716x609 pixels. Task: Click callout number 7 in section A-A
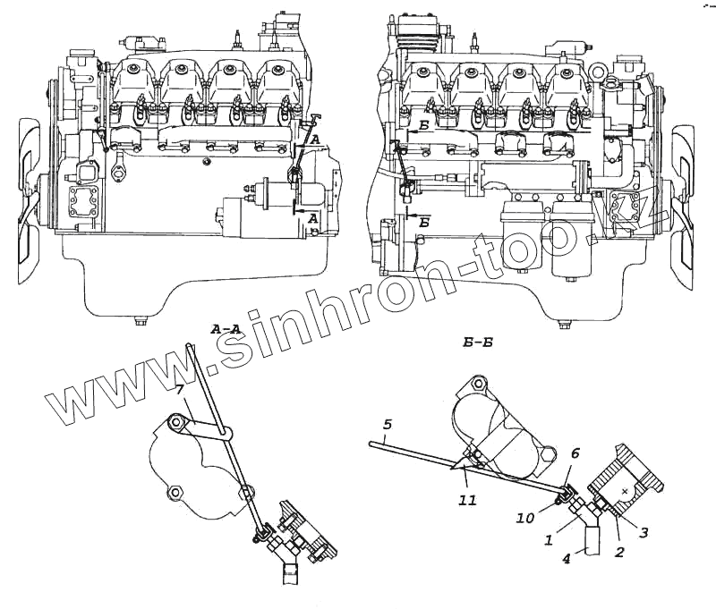(180, 390)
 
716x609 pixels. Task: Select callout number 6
(575, 454)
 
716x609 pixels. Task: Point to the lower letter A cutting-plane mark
(311, 218)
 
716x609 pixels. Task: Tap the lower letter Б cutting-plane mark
(423, 224)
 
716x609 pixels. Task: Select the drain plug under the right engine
(564, 324)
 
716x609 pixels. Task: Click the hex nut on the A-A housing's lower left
(174, 491)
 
